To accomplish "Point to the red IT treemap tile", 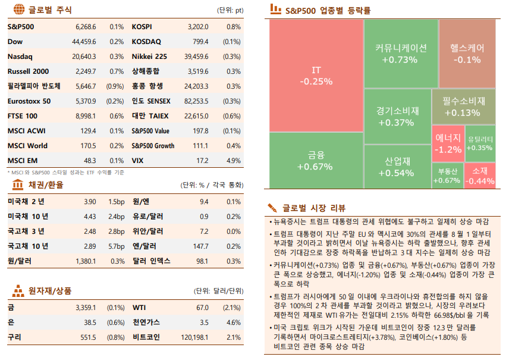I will (316, 76).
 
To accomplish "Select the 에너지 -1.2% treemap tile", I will (447, 143).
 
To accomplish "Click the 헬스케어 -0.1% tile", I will (467, 54).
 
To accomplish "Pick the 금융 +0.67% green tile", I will (316, 161).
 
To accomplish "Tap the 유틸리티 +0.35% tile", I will (479, 143).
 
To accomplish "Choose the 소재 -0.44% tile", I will (479, 176).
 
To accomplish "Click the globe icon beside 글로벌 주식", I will (18, 10).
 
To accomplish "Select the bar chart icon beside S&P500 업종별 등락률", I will (275, 10).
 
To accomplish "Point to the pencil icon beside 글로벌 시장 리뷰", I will (272, 208).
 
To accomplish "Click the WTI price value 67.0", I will (202, 308).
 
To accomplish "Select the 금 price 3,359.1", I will (86, 308).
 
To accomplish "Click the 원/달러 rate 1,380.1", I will (86, 261).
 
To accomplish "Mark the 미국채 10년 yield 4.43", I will (90, 216).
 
